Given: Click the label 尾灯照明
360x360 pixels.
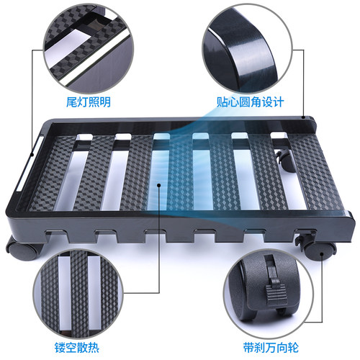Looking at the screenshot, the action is (89, 102).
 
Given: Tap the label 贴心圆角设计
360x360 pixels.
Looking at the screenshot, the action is (251, 102).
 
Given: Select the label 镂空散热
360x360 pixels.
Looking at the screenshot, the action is (77, 347).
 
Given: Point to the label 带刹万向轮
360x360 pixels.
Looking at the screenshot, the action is (271, 347).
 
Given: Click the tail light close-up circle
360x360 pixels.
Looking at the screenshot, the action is (88, 48).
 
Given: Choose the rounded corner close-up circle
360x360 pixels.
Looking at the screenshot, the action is (247, 48).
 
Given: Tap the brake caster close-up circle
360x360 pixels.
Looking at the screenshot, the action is (269, 293).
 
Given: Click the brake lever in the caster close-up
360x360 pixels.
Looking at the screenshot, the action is (276, 292).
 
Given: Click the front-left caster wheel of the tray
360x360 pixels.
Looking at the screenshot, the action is (24, 250).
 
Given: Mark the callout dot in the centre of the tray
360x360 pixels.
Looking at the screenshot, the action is (158, 185).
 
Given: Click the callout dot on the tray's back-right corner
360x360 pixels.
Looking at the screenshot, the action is (303, 117).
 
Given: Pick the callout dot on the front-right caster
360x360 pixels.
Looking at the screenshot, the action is (322, 254).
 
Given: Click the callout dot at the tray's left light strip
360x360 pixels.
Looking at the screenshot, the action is (32, 155).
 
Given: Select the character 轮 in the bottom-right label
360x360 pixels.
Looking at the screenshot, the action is (293, 347).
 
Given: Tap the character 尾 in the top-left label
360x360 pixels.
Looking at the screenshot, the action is (72, 102).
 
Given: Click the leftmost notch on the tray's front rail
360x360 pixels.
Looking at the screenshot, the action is (55, 234).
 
